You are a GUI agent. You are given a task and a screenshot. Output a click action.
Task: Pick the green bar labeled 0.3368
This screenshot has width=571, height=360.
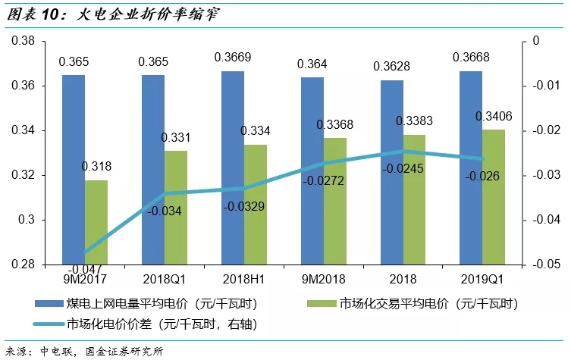pyautogui.click(x=334, y=201)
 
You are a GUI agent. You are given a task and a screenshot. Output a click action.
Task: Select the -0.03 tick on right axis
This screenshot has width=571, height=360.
pyautogui.click(x=544, y=176)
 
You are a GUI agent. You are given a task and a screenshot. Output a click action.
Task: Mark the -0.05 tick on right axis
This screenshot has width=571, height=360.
pyautogui.click(x=544, y=265)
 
